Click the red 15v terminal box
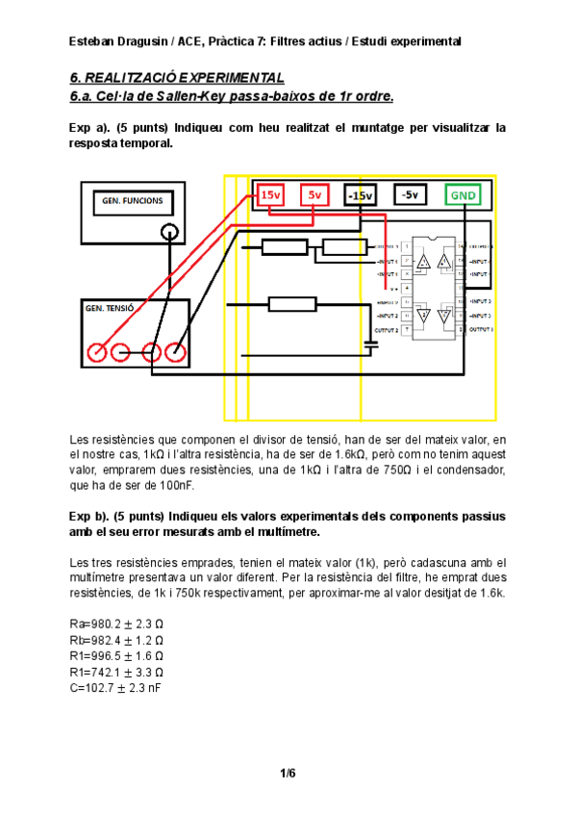[x=272, y=195]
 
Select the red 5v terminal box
[x=314, y=195]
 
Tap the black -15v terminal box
[x=361, y=195]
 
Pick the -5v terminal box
[x=410, y=195]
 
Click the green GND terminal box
[x=463, y=195]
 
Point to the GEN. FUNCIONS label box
[x=133, y=202]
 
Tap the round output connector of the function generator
[x=169, y=232]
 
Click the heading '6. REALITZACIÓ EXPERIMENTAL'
[x=177, y=77]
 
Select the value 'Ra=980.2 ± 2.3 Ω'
[x=116, y=625]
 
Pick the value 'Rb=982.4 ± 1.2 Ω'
[x=116, y=640]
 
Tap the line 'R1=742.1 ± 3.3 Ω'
[x=116, y=672]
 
